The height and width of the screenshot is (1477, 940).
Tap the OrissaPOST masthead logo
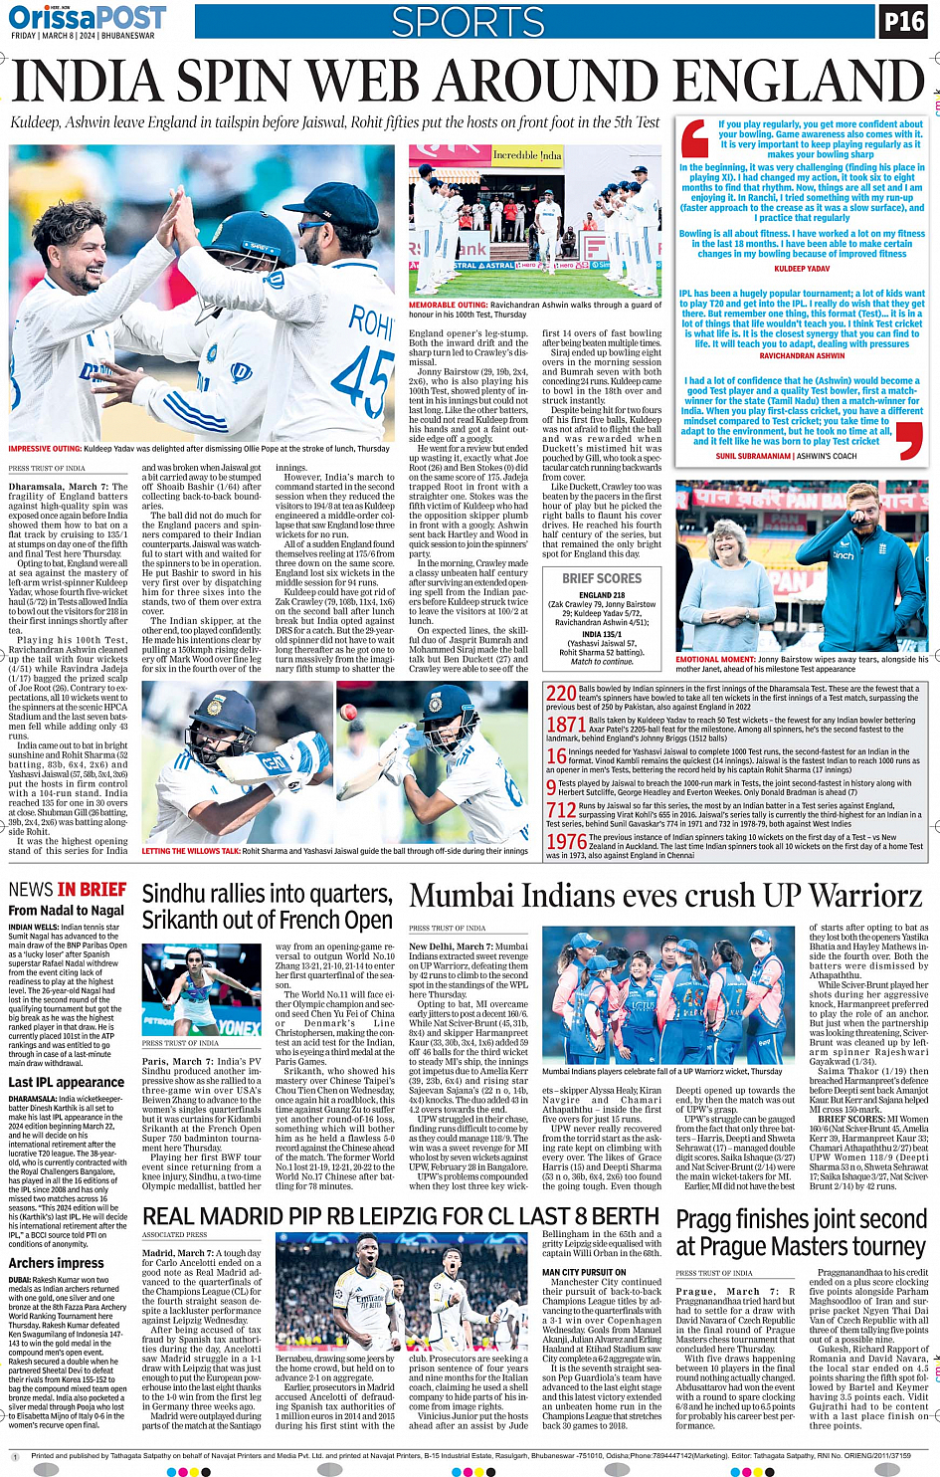[88, 17]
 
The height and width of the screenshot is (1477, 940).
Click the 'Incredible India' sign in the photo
[527, 155]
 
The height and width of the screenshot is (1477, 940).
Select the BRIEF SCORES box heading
[602, 578]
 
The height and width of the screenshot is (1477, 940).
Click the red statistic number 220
[561, 694]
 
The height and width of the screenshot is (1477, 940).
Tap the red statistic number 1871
[566, 725]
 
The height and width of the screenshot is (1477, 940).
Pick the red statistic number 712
[561, 811]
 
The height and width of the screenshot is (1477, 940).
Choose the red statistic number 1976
[566, 842]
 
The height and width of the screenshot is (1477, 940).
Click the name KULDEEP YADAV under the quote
[802, 269]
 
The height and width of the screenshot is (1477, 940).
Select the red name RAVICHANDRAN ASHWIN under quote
[802, 355]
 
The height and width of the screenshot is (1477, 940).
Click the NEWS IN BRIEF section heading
[68, 890]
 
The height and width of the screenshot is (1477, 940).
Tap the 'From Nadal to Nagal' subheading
[66, 910]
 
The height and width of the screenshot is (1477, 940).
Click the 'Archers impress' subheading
[56, 1263]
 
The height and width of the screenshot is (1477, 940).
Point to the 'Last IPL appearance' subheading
[67, 1082]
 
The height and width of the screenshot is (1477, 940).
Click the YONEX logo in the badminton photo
[239, 1026]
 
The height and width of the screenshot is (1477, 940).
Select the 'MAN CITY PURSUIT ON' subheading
[584, 1272]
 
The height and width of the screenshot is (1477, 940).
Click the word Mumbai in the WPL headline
[463, 897]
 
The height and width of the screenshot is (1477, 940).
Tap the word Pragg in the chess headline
[709, 1220]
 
